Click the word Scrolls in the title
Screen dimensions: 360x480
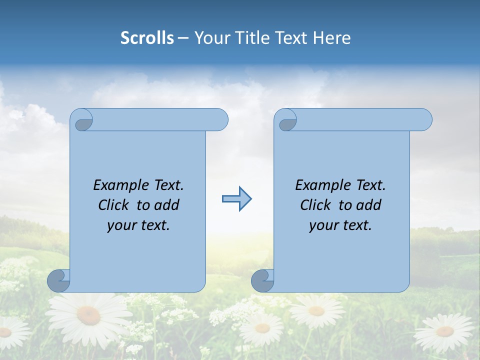click(147, 38)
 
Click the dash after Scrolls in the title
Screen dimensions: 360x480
click(183, 38)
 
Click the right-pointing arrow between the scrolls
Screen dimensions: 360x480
click(236, 199)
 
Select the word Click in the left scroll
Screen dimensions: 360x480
click(114, 205)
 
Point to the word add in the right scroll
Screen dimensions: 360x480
click(369, 205)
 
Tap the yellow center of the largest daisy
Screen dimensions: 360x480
click(88, 315)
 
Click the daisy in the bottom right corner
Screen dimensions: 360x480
click(444, 331)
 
